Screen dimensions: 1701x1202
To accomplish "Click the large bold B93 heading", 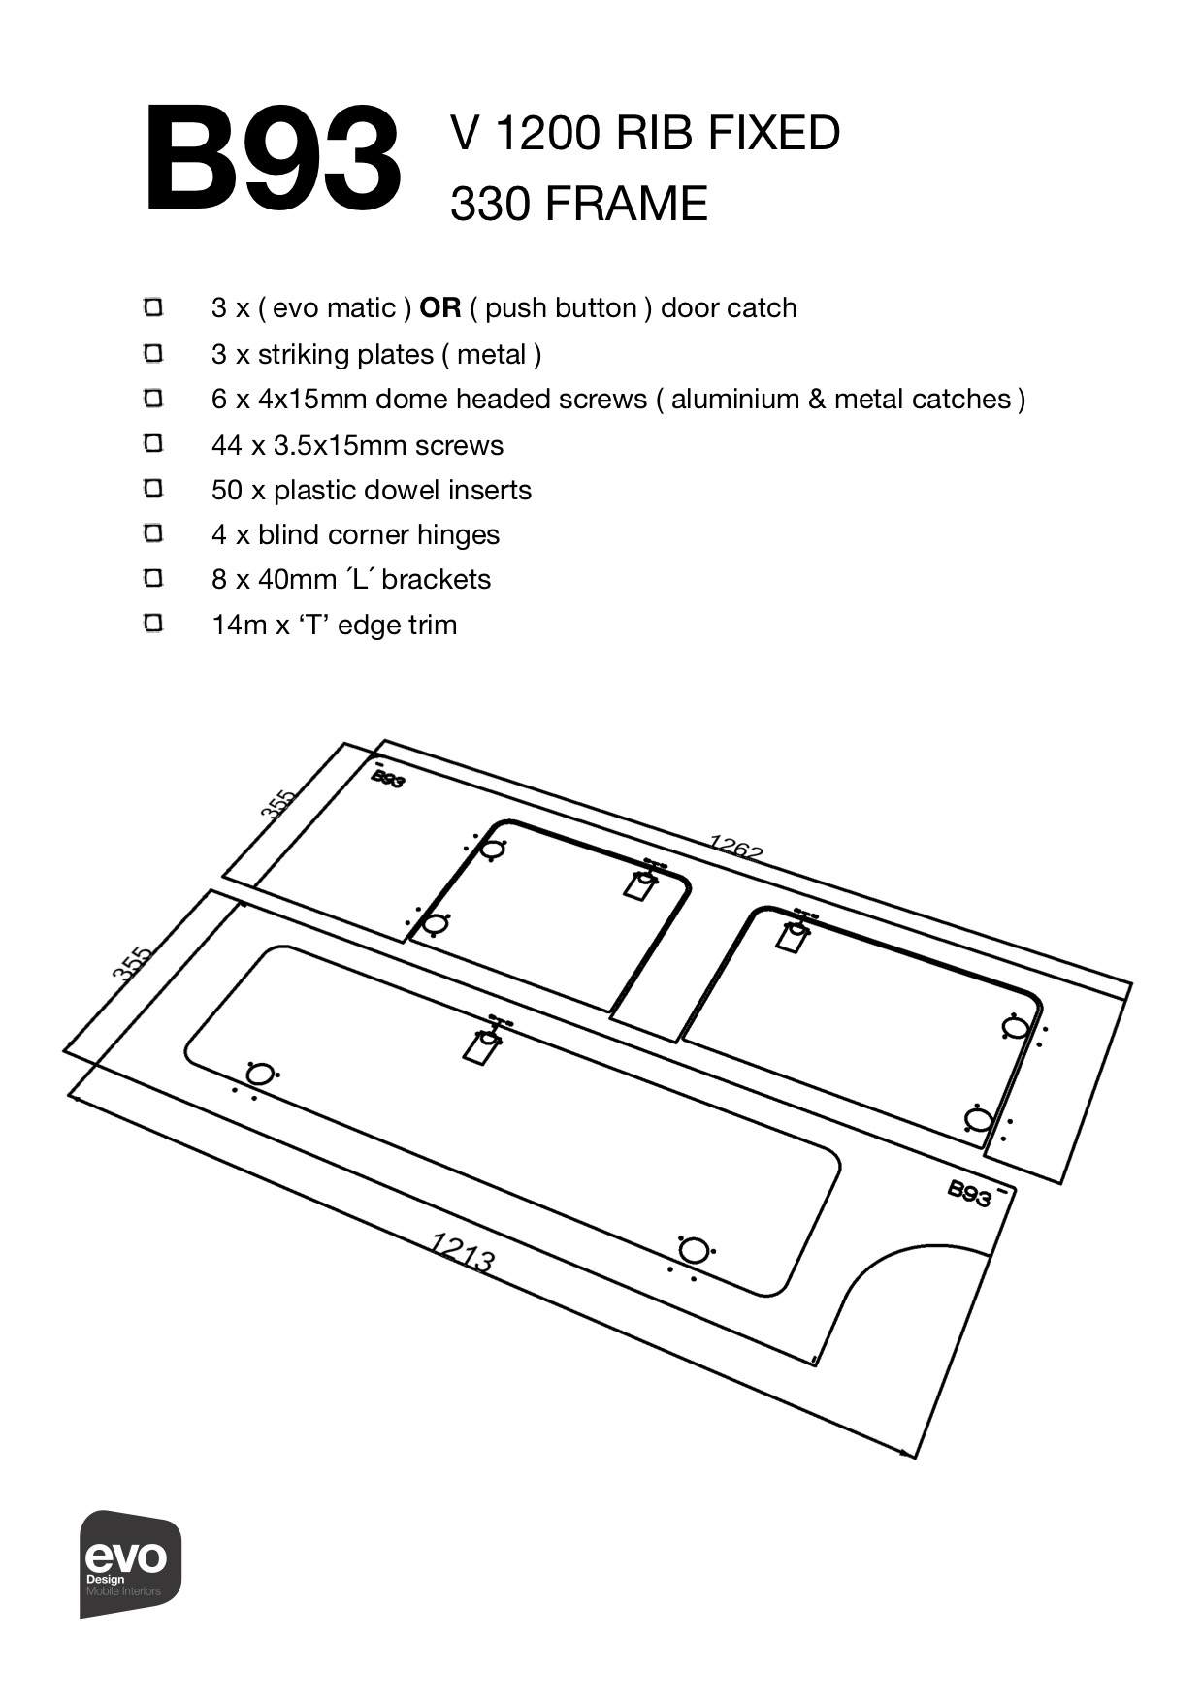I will point(273,160).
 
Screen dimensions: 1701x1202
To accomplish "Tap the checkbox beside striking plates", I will point(153,353).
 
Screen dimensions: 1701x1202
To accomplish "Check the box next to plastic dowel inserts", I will point(153,489).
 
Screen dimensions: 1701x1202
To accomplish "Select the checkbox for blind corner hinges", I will point(153,533).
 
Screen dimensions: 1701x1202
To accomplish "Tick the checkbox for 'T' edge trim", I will point(153,623).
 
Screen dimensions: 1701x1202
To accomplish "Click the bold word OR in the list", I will point(440,308).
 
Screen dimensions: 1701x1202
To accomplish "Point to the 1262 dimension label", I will point(735,850).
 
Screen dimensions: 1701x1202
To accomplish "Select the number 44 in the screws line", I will point(226,445).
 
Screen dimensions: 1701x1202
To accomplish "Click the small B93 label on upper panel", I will point(387,779).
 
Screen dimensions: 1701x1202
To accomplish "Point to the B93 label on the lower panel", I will point(969,1193).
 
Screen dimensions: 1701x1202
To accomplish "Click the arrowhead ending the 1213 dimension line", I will point(910,1453).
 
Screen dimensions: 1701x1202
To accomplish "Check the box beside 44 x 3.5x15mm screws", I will point(153,444).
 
